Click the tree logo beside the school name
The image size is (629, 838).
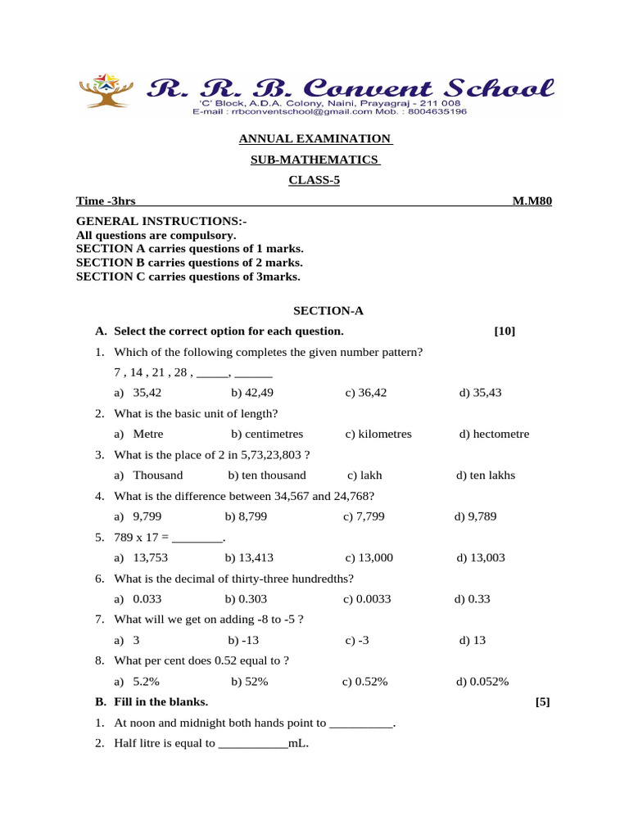105,91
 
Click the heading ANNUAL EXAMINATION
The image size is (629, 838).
314,139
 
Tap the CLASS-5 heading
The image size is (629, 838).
314,181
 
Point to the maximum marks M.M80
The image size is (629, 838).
532,201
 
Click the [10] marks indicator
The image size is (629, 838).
505,331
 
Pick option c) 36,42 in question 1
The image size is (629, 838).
366,393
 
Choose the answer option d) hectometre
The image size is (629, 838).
494,434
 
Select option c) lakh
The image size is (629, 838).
364,475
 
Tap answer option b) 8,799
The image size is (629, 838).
246,516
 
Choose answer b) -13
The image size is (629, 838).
245,640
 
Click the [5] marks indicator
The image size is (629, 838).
542,702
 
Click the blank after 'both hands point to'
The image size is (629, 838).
361,724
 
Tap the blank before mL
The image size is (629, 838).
253,745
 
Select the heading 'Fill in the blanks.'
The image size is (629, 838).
161,702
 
